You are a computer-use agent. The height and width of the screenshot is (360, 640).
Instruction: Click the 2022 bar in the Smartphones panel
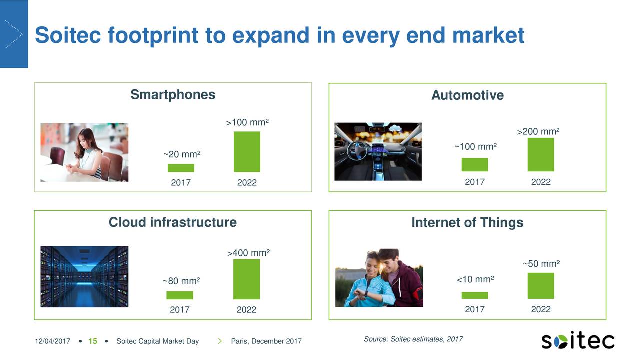coord(247,152)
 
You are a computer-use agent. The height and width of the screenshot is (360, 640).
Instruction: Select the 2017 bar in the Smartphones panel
coord(181,168)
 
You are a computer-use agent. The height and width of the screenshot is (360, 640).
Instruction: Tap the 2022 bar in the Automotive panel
coord(541,155)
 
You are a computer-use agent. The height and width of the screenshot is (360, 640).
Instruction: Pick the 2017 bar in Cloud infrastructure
coord(180,295)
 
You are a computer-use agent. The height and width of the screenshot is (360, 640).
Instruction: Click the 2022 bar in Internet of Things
coord(541,286)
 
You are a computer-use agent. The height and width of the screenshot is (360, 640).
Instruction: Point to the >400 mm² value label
coord(248,253)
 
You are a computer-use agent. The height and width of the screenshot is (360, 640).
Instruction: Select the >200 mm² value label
coord(538,132)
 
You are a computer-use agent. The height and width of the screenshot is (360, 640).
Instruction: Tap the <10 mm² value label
coord(475,279)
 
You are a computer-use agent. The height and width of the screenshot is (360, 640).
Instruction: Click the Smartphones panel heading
coord(173,95)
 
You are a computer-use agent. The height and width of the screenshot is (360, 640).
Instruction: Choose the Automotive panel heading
coord(467,95)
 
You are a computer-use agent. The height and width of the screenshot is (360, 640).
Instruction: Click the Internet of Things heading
coord(467,223)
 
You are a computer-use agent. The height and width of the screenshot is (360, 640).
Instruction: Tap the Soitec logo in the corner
coord(578,341)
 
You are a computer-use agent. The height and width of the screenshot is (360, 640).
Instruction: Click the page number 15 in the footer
coord(92,341)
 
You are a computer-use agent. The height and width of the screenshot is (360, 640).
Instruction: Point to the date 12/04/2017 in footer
coord(52,341)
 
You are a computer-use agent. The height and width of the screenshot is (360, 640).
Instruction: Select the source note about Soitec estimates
coord(413,339)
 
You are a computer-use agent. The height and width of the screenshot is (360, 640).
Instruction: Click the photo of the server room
coord(84,276)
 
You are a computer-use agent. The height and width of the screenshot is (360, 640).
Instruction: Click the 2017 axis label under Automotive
coord(475,182)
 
